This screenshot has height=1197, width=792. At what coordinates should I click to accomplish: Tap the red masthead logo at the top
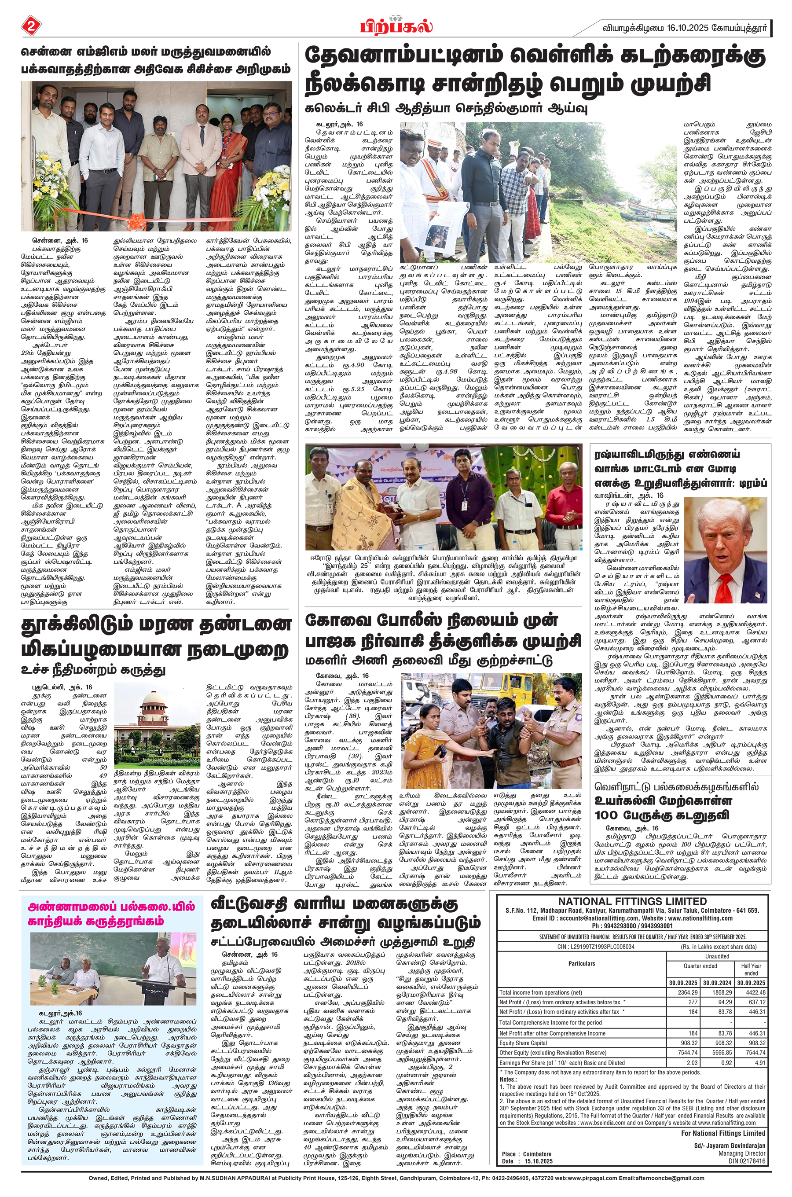(396, 25)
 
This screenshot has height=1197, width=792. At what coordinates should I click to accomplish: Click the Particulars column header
(581, 964)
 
